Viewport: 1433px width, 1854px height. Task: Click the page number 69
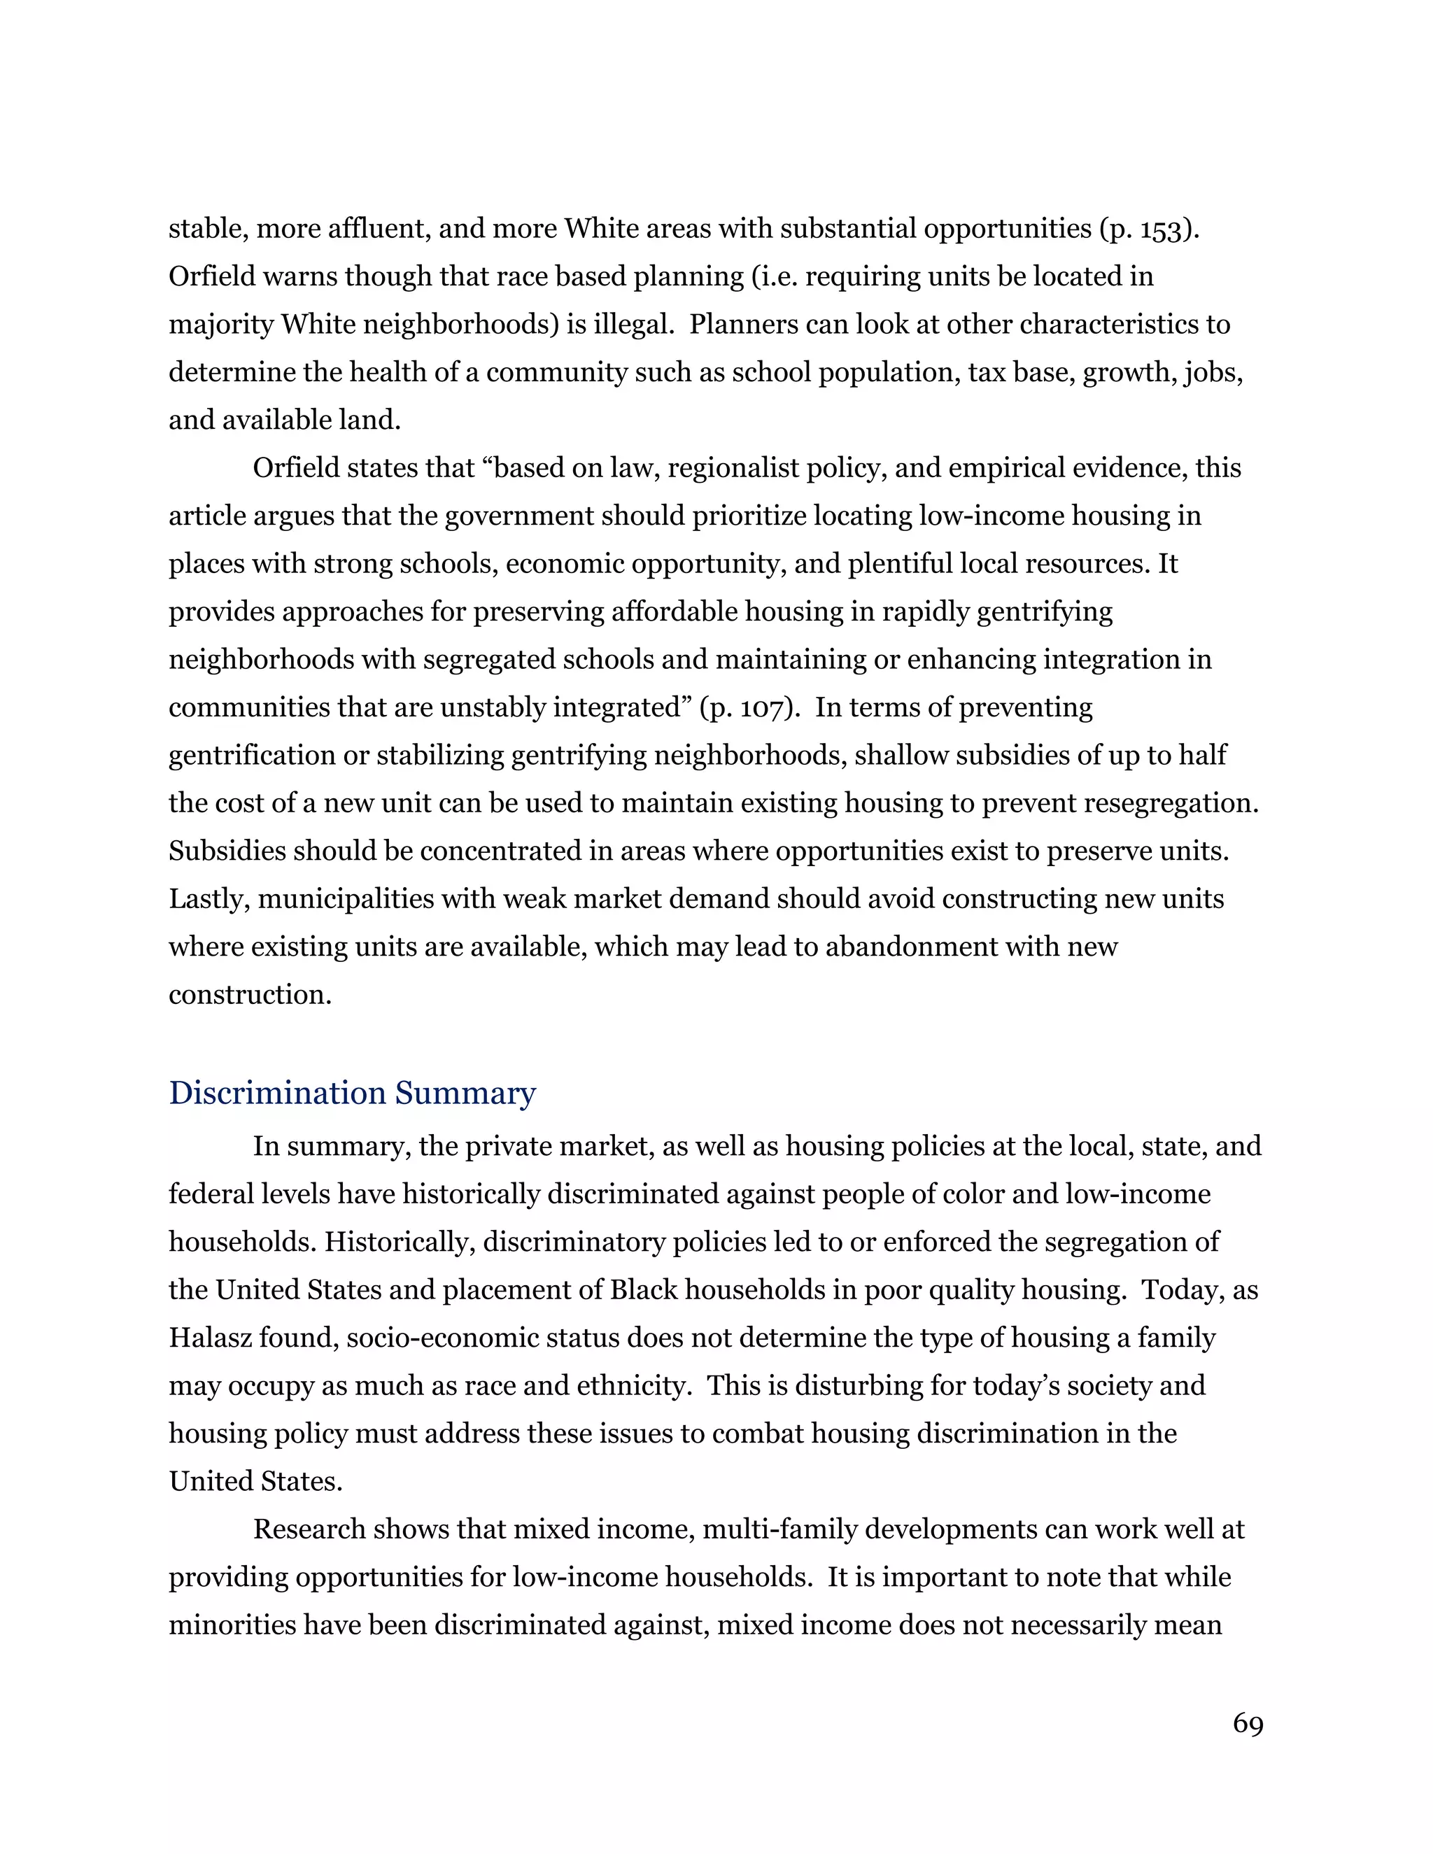[1247, 1724]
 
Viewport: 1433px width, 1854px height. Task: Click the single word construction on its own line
[250, 995]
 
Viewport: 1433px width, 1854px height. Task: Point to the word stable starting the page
[204, 229]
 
